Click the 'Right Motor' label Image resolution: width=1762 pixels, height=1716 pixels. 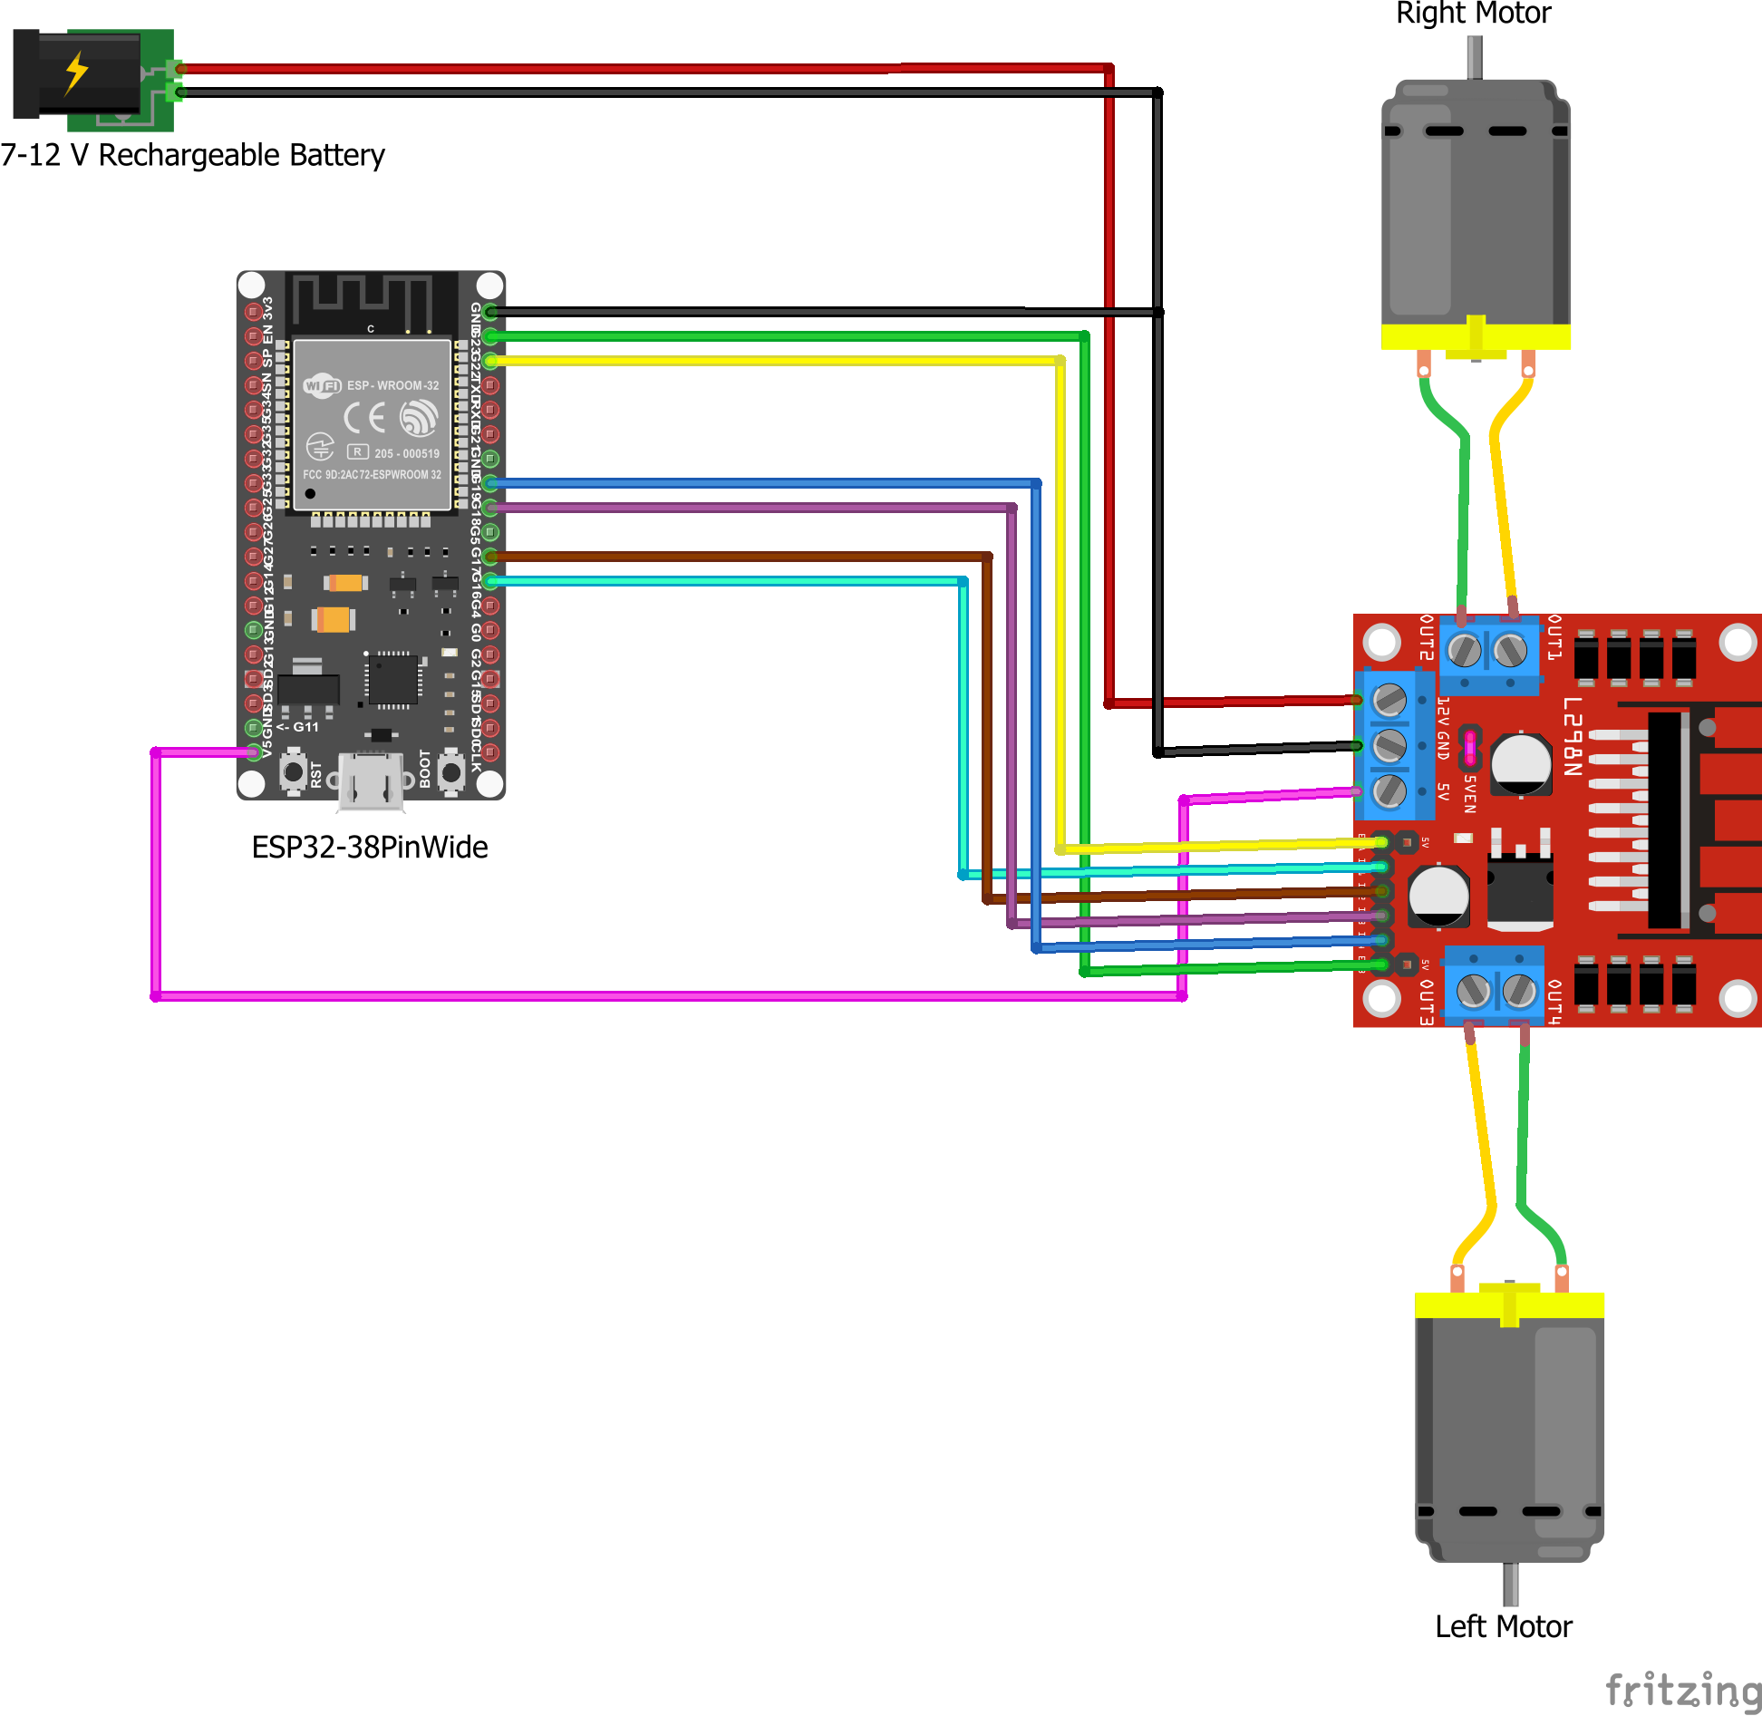pyautogui.click(x=1473, y=14)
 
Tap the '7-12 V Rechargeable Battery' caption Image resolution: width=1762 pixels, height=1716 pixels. pyautogui.click(x=192, y=155)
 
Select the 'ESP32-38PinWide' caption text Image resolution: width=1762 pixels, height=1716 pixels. pyautogui.click(x=369, y=847)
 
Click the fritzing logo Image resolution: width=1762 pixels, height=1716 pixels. pyautogui.click(x=1682, y=1691)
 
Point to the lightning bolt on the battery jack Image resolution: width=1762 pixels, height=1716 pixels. pyautogui.click(x=76, y=73)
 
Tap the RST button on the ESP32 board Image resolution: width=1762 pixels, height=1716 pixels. pyautogui.click(x=293, y=772)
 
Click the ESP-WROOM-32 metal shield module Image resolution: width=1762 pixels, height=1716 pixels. pyautogui.click(x=372, y=424)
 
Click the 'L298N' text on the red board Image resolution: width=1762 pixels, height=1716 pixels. pyautogui.click(x=1573, y=737)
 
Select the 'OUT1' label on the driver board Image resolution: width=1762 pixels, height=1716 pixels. pyautogui.click(x=1554, y=636)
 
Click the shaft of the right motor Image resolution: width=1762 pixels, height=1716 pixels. pyautogui.click(x=1475, y=57)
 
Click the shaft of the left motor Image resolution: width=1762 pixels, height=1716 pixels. pyautogui.click(x=1510, y=1583)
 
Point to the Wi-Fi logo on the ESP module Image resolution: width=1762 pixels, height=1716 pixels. pyautogui.click(x=322, y=385)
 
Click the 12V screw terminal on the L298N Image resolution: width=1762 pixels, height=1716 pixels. pyautogui.click(x=1389, y=699)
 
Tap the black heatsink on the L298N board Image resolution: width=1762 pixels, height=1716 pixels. pyautogui.click(x=1666, y=820)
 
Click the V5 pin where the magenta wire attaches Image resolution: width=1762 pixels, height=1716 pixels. pyautogui.click(x=254, y=751)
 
